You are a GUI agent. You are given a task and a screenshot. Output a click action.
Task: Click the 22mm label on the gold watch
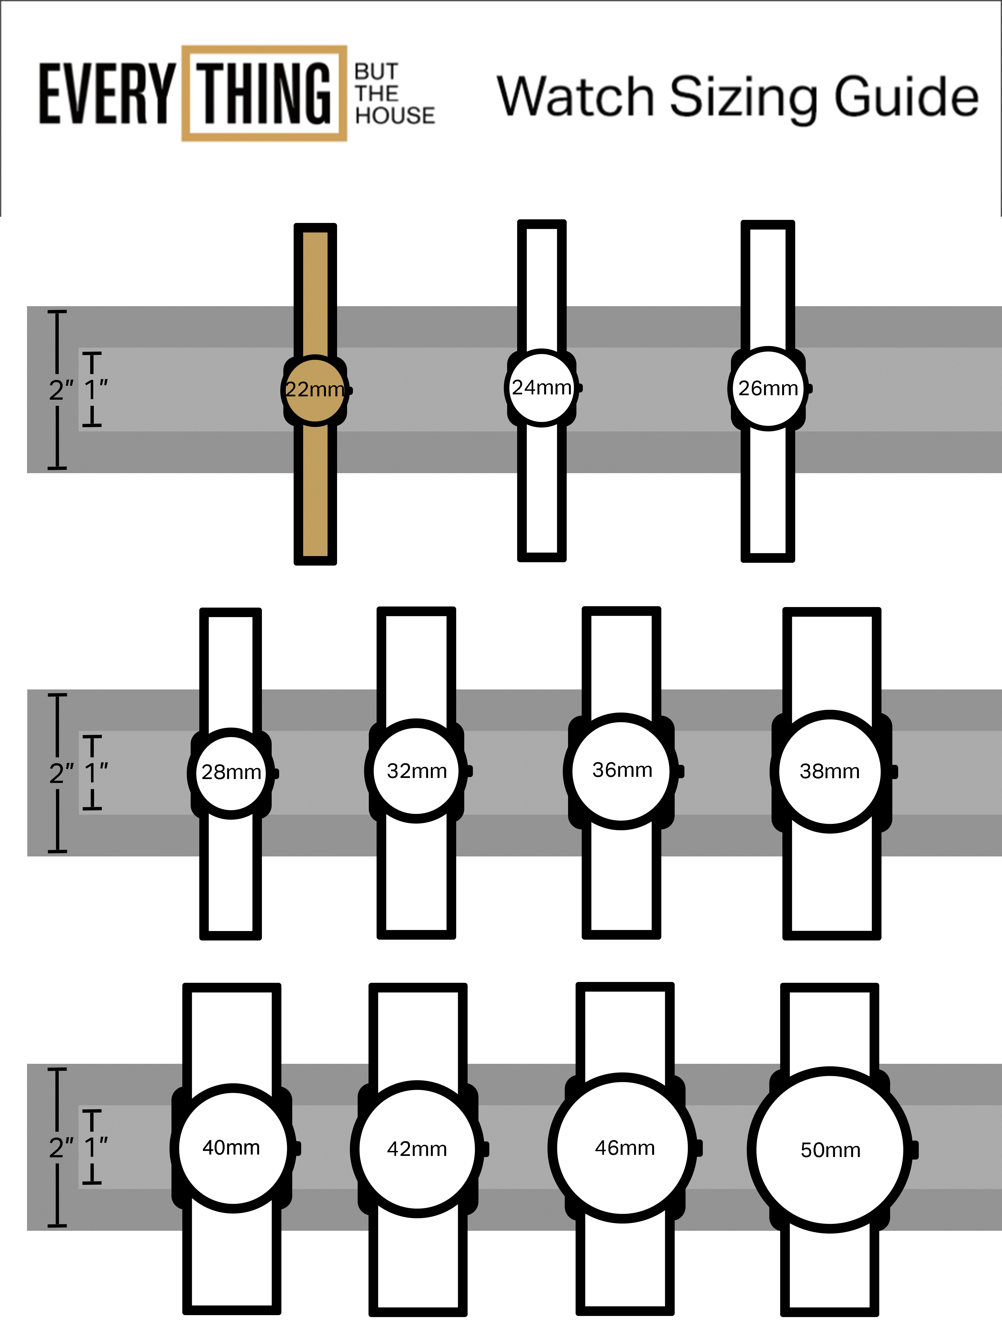pyautogui.click(x=314, y=390)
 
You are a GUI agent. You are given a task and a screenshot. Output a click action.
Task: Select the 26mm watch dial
pyautogui.click(x=768, y=388)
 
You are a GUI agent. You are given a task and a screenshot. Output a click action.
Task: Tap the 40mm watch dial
pyautogui.click(x=232, y=1148)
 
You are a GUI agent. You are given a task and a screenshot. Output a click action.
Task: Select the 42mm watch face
pyautogui.click(x=417, y=1149)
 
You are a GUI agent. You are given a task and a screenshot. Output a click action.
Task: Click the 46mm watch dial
pyautogui.click(x=624, y=1148)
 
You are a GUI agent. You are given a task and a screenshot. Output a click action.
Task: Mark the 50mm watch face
pyautogui.click(x=830, y=1150)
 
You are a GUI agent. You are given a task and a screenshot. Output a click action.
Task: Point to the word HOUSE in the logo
pyautogui.click(x=395, y=115)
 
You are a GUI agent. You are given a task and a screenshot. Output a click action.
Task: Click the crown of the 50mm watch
pyautogui.click(x=914, y=1150)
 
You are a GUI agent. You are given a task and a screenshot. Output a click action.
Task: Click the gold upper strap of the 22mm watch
pyautogui.click(x=315, y=290)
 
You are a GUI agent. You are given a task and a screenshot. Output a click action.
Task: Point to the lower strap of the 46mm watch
pyautogui.click(x=625, y=1268)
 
